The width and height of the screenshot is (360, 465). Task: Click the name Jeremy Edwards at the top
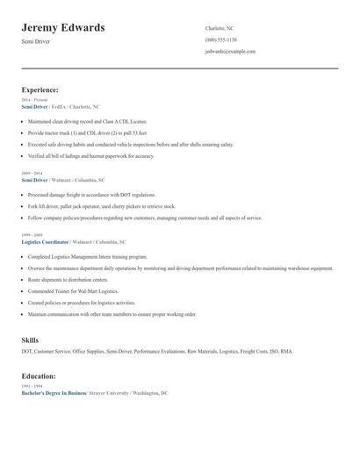click(x=62, y=27)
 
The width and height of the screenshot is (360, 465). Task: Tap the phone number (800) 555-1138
click(x=220, y=39)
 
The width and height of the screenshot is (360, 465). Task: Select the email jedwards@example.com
click(x=230, y=52)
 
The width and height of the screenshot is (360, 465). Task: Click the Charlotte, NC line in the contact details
click(x=220, y=28)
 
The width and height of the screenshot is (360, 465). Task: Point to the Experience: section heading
click(x=40, y=89)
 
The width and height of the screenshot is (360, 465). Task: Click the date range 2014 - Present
click(x=35, y=100)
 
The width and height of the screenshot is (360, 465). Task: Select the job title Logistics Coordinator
click(x=46, y=241)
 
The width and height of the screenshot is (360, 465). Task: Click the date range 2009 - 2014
click(x=33, y=174)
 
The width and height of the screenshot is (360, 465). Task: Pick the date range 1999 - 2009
click(x=33, y=235)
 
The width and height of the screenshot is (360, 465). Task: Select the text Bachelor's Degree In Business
click(x=54, y=393)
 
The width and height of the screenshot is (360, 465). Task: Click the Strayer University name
click(x=111, y=393)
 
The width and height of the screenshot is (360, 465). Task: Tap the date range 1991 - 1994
click(x=33, y=386)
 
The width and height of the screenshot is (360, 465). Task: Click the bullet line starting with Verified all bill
click(x=90, y=156)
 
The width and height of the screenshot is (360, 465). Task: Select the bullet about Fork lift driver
click(x=101, y=206)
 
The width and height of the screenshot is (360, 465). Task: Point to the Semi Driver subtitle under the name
click(x=37, y=42)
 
